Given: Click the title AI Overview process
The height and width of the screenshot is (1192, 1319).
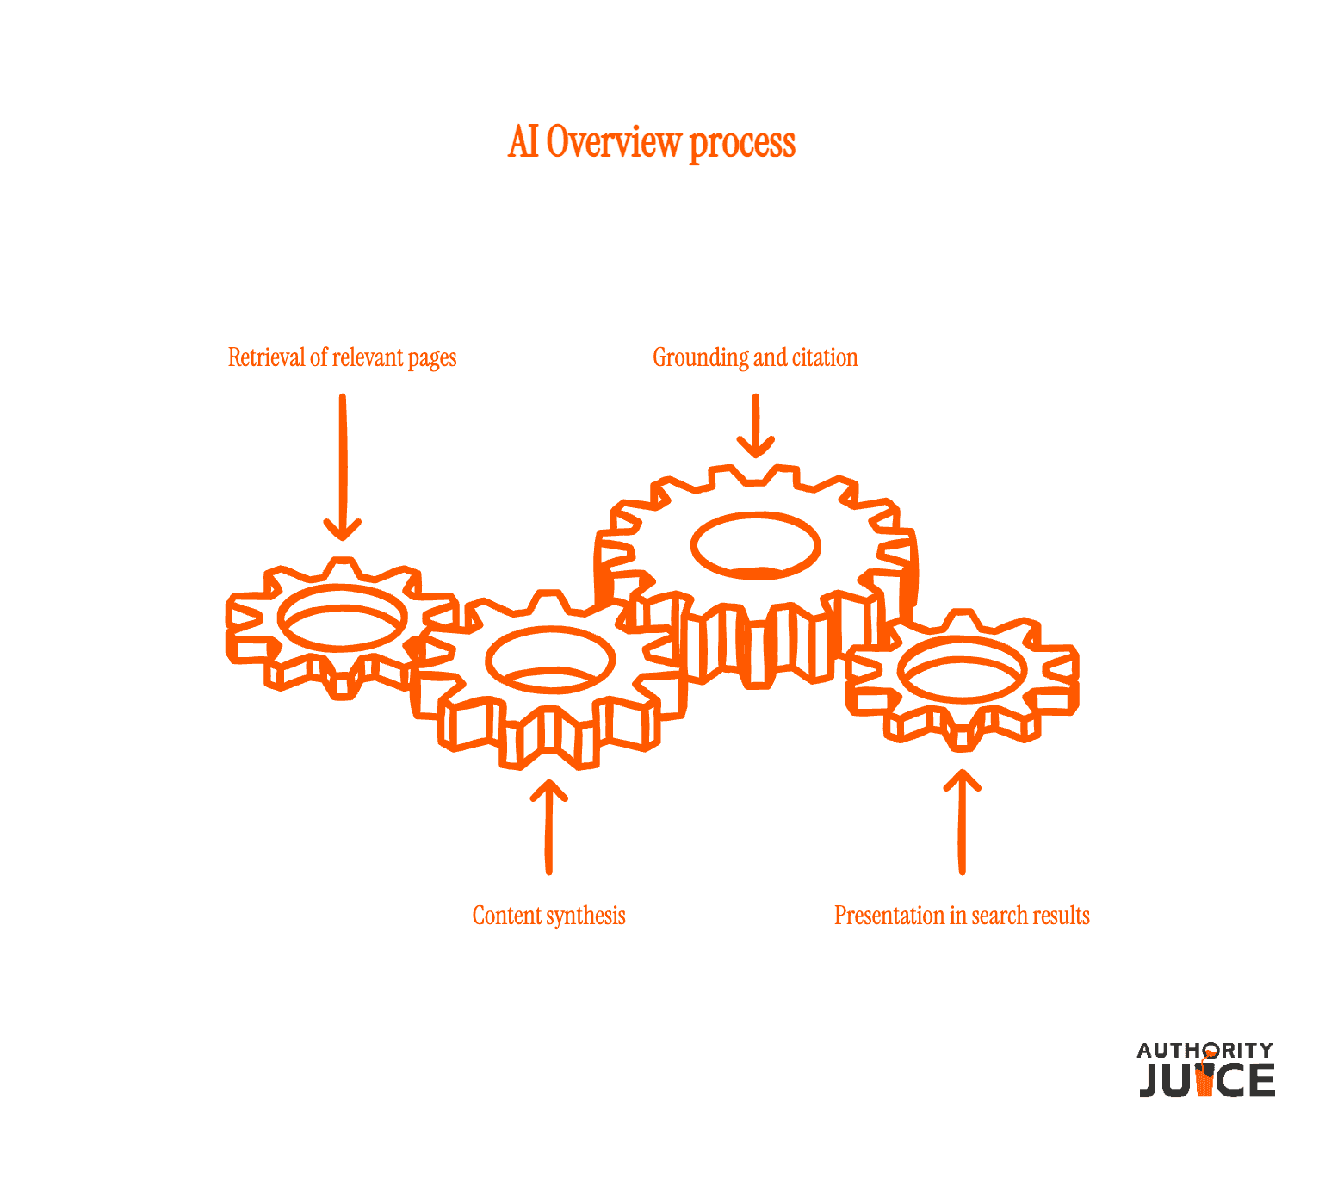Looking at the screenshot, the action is coord(652,142).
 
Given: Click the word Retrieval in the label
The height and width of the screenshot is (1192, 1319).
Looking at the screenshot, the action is coord(266,357).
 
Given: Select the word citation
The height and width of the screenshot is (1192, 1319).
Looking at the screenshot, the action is coord(825,357).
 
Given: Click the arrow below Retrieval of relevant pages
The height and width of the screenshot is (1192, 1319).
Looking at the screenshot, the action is coord(342,467).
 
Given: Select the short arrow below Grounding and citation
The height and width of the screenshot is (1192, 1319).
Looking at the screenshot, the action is coord(756,425).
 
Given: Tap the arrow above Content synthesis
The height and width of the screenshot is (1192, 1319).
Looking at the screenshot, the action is coord(549,827).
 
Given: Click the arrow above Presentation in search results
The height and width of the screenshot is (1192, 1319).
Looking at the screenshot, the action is coord(962,822).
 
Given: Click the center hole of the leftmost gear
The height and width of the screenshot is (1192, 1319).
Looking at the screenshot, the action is coord(342,618).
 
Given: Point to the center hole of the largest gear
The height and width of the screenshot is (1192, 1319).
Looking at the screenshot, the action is coord(756,546).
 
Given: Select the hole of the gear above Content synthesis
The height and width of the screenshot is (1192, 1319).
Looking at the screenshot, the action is coord(550,660).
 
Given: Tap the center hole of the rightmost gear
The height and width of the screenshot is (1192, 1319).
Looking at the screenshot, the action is coord(962,670).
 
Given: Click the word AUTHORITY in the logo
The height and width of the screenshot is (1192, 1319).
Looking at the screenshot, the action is coord(1204,1051).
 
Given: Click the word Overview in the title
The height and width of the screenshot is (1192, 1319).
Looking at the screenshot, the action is coord(614,142).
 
